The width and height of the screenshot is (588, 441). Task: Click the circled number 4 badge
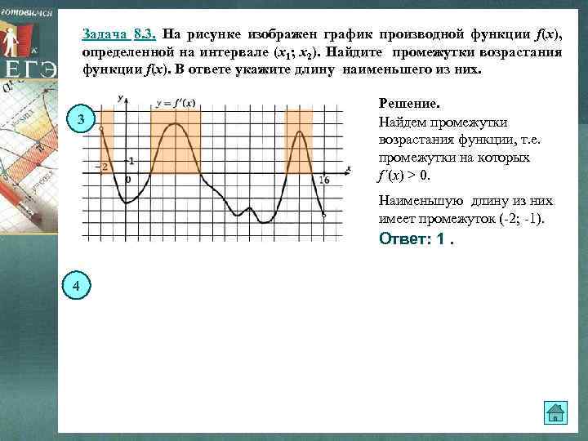pos(76,285)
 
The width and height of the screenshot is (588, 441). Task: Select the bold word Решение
pos(409,105)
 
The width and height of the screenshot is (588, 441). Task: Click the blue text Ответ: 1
pos(416,239)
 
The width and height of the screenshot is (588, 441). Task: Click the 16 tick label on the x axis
pos(324,180)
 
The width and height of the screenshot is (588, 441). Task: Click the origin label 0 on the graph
pos(127,179)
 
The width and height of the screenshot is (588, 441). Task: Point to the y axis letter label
pos(120,99)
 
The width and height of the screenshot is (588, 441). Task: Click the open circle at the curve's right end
pos(324,216)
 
